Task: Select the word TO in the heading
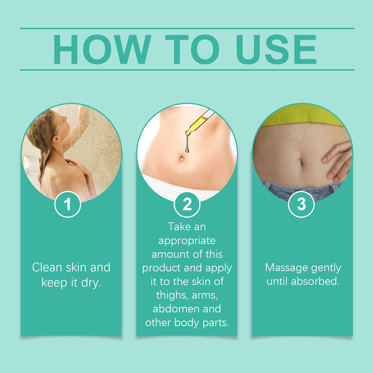tap(192, 49)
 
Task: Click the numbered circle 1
tap(68, 204)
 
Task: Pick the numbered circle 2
tap(187, 204)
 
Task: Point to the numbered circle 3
tap(301, 204)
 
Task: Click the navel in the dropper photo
tap(182, 159)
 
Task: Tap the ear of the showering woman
tap(56, 140)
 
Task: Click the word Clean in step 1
tap(47, 267)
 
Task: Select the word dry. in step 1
tap(91, 283)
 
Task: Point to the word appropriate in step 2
tap(187, 241)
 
